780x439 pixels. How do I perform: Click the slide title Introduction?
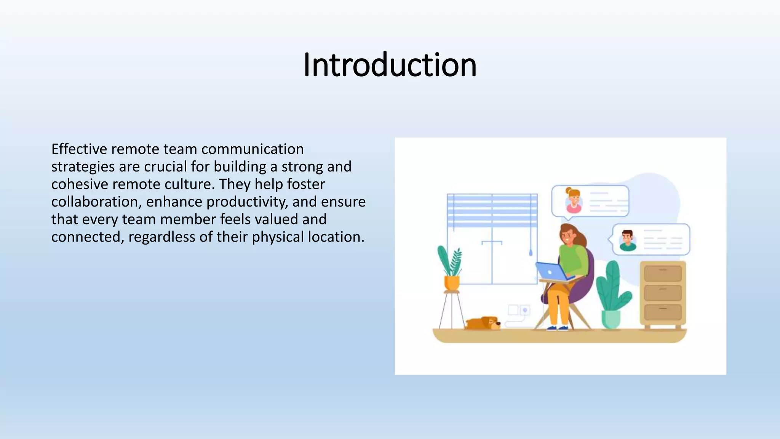390,65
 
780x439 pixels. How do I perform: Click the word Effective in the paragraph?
78,149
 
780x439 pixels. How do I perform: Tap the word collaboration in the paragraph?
96,202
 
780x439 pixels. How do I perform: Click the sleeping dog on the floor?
483,323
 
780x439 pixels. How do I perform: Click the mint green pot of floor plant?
611,319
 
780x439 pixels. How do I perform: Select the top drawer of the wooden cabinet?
663,273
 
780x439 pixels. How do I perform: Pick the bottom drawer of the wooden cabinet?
663,312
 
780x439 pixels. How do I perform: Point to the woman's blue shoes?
557,328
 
